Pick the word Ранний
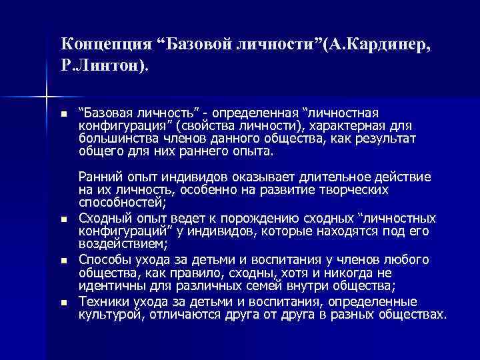tap(97, 177)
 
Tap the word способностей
tap(123, 203)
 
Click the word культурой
tap(109, 314)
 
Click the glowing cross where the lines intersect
tap(45, 97)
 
